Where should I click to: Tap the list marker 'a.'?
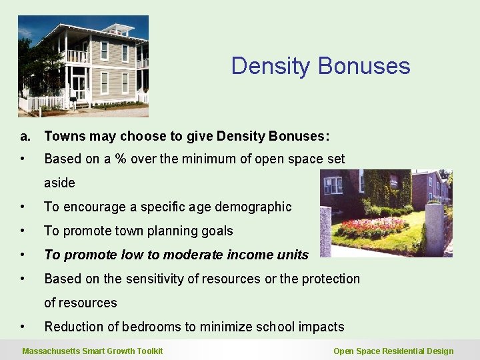(x=25, y=136)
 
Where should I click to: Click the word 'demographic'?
(x=253, y=207)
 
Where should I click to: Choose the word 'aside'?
(x=59, y=183)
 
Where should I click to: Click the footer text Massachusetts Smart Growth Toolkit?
(x=92, y=351)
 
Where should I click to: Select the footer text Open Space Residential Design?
(x=393, y=351)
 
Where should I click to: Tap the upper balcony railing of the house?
(x=78, y=57)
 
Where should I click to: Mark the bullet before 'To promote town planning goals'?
(x=23, y=231)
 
